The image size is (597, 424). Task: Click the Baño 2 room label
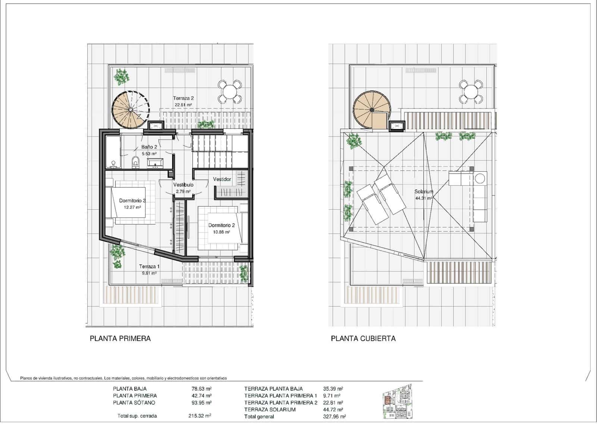click(x=149, y=147)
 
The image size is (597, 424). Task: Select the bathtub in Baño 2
click(x=113, y=152)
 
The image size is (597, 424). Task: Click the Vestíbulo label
click(x=183, y=185)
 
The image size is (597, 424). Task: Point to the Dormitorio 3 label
click(x=132, y=200)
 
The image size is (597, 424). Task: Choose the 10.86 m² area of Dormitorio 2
click(x=221, y=232)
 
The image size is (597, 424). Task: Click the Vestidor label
click(x=222, y=179)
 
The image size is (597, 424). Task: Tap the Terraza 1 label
click(x=149, y=266)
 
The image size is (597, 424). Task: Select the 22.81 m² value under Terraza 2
click(x=183, y=105)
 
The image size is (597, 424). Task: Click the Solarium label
click(x=424, y=191)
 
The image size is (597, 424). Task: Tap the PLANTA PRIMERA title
click(x=120, y=339)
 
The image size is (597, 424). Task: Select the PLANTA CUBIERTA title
click(x=363, y=339)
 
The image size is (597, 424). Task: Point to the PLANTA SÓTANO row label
click(x=134, y=403)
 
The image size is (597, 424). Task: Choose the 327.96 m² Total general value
click(x=334, y=417)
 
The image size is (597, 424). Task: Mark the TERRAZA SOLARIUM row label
click(x=270, y=409)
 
